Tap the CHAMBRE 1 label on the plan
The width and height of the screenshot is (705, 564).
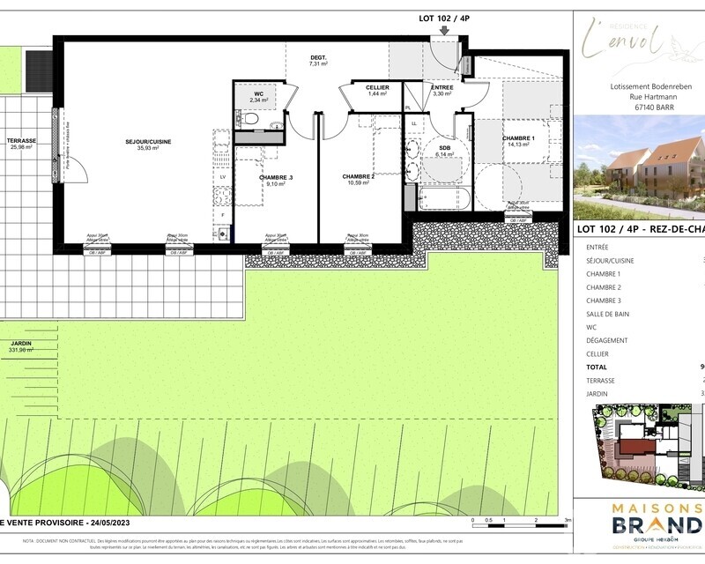[x=518, y=138]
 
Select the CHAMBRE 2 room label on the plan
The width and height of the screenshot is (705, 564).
[x=359, y=177]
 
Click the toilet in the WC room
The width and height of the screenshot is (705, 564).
[x=250, y=119]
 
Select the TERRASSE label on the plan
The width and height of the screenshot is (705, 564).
[x=21, y=141]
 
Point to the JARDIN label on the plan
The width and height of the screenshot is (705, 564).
[x=21, y=343]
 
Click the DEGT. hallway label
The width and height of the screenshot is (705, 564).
[x=317, y=58]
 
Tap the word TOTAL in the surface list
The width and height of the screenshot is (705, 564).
[x=597, y=367]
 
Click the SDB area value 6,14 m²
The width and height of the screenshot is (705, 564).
[x=443, y=155]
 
